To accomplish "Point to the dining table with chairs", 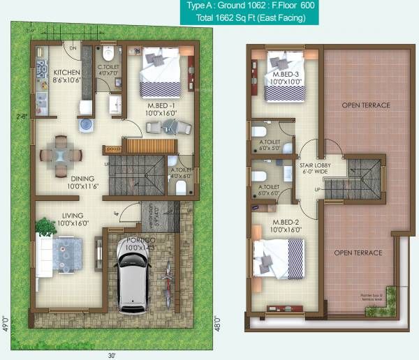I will click(x=61, y=156).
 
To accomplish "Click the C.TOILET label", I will click(x=108, y=68).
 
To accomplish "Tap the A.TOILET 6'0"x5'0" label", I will click(x=269, y=144).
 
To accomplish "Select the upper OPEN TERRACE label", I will click(x=365, y=105).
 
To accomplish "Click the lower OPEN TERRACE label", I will click(x=357, y=253).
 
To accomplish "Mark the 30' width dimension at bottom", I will click(x=111, y=354).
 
